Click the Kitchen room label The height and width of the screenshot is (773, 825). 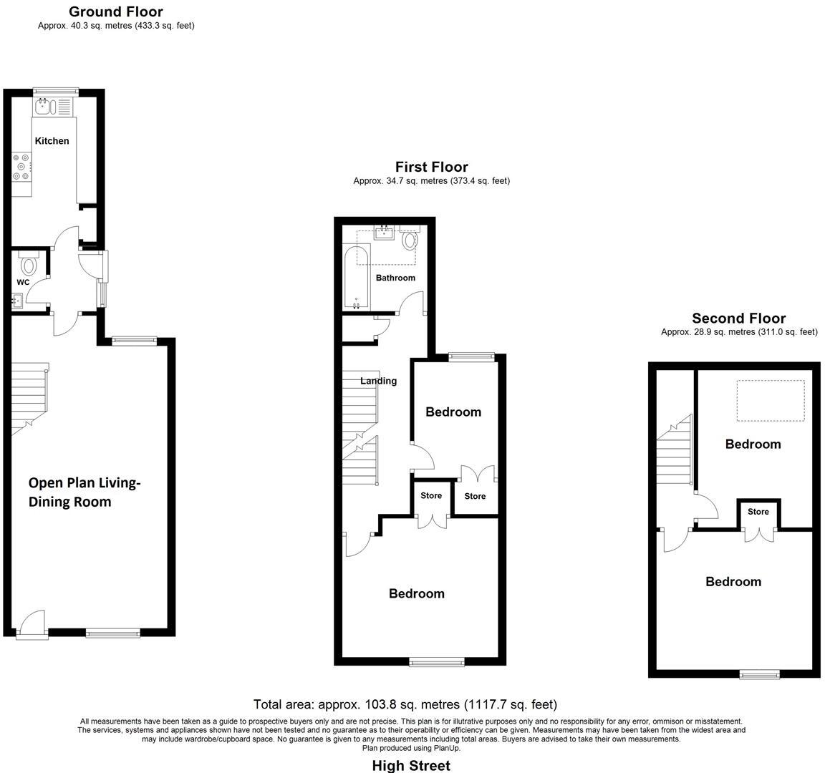52,141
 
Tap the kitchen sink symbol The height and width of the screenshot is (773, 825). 44,107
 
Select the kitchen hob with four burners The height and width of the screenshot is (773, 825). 21,167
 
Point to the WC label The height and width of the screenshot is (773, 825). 23,283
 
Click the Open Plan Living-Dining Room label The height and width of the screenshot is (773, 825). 84,492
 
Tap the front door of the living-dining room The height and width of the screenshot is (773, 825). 31,623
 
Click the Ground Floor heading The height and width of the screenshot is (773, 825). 115,12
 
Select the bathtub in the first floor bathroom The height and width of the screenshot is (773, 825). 356,278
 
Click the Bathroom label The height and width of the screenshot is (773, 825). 395,278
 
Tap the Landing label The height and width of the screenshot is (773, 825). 378,381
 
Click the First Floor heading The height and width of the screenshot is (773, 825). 431,167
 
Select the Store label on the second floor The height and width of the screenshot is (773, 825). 758,512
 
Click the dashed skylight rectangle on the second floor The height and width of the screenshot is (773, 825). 770,400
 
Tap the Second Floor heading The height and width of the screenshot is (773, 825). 738,319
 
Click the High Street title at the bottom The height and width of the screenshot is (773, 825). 411,766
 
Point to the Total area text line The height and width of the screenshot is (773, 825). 405,704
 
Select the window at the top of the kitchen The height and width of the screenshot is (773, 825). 56,90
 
